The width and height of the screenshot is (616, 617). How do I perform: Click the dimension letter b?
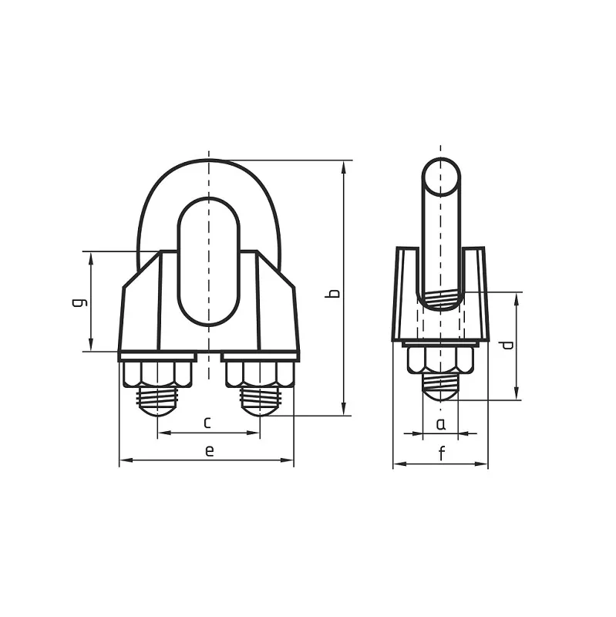click(334, 293)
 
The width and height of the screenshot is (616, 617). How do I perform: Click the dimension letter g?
click(80, 302)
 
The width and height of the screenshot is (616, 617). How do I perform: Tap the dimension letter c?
click(207, 423)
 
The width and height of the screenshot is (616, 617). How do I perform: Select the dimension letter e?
click(210, 451)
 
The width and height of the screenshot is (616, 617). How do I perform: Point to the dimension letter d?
click(507, 345)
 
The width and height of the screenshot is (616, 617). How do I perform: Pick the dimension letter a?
click(441, 424)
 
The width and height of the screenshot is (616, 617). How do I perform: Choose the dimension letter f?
click(442, 453)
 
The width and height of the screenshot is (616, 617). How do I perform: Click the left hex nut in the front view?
click(158, 375)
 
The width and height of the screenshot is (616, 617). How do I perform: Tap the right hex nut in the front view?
click(260, 375)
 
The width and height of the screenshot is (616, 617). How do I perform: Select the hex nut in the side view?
click(441, 360)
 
